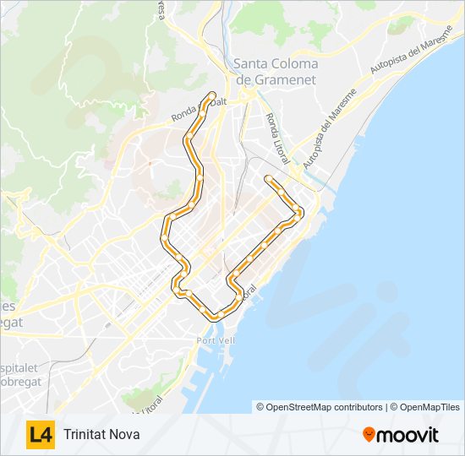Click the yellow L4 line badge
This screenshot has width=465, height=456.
(41, 435)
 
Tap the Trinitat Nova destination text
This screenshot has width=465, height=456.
(101, 435)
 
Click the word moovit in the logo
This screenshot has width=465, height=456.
(408, 435)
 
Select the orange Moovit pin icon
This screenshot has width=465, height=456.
(369, 435)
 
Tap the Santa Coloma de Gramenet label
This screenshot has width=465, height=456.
(276, 71)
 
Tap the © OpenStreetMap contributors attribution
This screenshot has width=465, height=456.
(320, 407)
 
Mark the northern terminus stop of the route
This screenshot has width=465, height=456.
(211, 95)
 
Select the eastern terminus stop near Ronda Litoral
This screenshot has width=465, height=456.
(268, 179)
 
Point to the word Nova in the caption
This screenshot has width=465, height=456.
(124, 435)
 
